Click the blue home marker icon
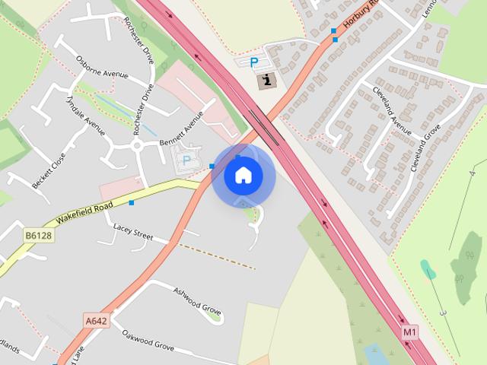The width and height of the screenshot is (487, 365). point(243,176)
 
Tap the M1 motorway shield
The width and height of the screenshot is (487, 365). point(410,332)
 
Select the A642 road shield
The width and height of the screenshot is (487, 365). point(96,321)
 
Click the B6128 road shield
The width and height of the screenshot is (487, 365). point(38,236)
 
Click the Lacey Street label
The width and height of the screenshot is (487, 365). point(133,231)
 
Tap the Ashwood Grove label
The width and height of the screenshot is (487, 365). point(197,301)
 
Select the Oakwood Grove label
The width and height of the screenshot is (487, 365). point(148,340)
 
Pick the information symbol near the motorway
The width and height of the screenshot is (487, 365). point(266,80)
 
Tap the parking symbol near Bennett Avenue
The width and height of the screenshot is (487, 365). point(186,160)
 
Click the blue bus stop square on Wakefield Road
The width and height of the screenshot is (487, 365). point(132,202)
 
